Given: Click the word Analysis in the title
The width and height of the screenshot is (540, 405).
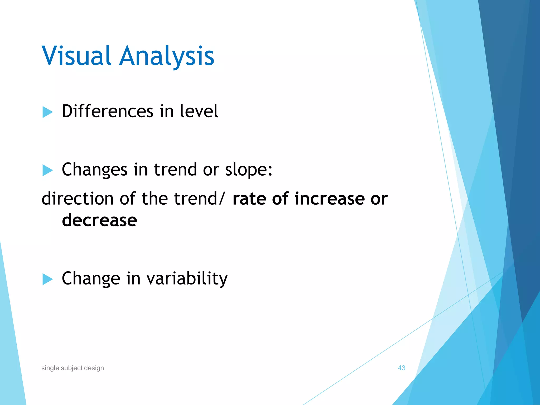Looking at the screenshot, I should [167, 56].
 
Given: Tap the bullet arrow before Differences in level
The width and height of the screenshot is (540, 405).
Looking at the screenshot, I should [47, 112].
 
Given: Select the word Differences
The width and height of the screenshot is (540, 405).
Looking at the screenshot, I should [107, 111].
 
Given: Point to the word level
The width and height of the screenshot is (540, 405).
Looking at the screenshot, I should [199, 111].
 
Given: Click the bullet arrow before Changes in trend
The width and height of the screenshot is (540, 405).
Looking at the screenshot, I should [47, 170].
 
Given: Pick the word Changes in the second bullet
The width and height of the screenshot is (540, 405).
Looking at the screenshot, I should [94, 170].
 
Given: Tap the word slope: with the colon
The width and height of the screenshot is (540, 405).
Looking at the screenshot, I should [248, 170].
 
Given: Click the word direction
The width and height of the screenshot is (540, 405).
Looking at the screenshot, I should [78, 199].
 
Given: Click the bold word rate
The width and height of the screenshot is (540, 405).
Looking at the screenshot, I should [249, 199].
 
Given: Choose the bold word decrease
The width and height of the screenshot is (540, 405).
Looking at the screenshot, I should [99, 220].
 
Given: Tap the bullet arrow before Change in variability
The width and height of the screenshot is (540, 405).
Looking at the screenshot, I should [47, 279].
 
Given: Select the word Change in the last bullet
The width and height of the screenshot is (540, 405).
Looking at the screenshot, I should [91, 279].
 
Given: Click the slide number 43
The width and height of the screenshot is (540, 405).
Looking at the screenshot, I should [401, 368].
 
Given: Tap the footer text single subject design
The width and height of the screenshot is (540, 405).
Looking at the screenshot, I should [73, 368].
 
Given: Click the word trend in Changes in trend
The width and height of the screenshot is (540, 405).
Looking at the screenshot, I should [175, 170].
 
